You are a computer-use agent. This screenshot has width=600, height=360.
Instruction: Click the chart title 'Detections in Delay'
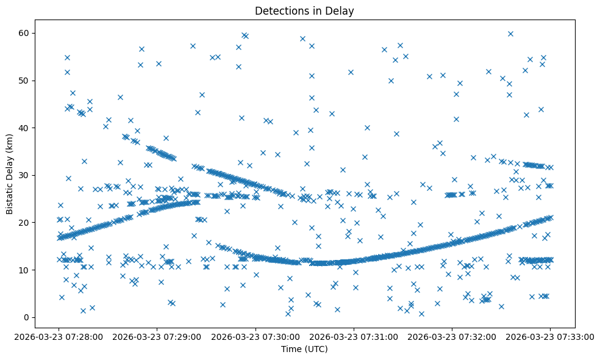(304, 11)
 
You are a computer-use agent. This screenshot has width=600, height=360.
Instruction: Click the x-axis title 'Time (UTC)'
(304, 349)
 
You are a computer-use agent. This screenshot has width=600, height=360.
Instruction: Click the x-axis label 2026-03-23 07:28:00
(59, 336)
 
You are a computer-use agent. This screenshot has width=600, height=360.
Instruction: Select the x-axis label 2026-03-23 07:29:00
(157, 336)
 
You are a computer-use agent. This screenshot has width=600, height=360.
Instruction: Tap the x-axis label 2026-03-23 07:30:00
(255, 336)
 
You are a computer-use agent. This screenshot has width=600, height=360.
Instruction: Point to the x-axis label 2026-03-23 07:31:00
(354, 336)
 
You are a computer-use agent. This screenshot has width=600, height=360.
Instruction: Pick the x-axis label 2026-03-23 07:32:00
(452, 336)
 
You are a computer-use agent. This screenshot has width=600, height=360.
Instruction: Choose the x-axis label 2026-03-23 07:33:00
(550, 336)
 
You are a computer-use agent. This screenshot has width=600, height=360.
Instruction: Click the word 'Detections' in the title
(281, 11)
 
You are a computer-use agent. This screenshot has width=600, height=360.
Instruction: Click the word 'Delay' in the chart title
(341, 11)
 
